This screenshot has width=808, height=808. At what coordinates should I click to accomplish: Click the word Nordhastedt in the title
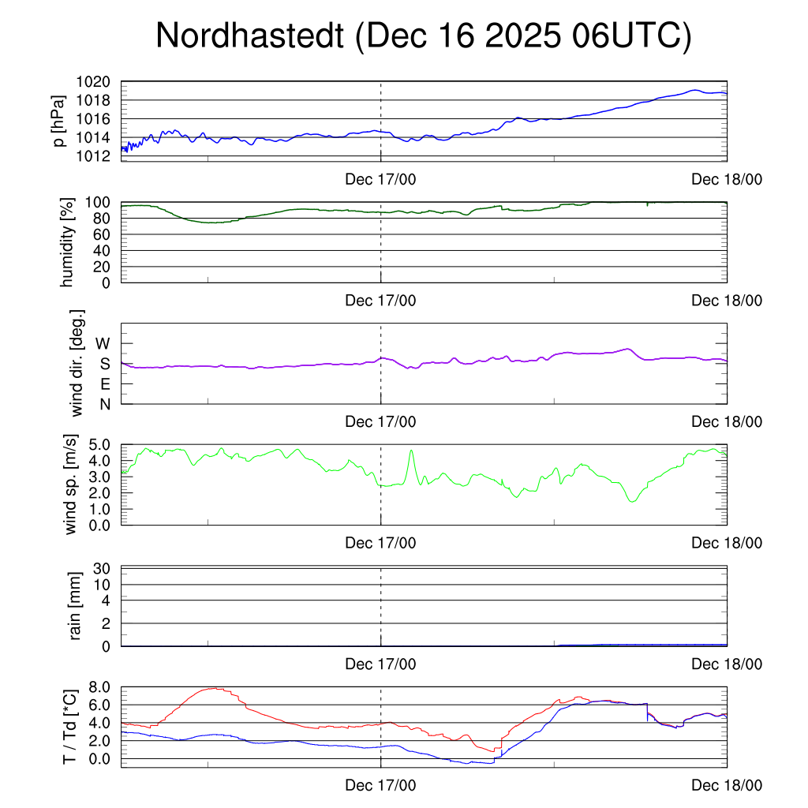pyautogui.click(x=250, y=36)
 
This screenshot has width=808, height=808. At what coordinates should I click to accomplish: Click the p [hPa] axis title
pyautogui.click(x=59, y=121)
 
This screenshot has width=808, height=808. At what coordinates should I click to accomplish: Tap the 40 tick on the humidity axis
pyautogui.click(x=108, y=250)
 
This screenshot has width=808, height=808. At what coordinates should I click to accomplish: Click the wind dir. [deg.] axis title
pyautogui.click(x=77, y=363)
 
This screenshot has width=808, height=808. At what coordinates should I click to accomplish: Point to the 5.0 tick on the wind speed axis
pyautogui.click(x=103, y=444)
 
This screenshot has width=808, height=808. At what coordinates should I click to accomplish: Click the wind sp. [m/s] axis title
pyautogui.click(x=71, y=484)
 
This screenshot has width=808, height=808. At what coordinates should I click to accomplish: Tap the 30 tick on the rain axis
pyautogui.click(x=108, y=568)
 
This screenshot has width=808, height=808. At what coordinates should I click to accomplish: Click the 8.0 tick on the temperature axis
pyautogui.click(x=103, y=687)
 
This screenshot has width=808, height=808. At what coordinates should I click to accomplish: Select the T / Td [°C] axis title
pyautogui.click(x=70, y=727)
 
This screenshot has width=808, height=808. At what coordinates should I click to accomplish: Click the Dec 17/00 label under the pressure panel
pyautogui.click(x=380, y=180)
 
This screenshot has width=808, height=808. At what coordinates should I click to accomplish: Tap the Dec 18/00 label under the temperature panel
pyautogui.click(x=727, y=786)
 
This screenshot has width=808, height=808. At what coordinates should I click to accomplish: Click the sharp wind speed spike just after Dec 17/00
pyautogui.click(x=411, y=451)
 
